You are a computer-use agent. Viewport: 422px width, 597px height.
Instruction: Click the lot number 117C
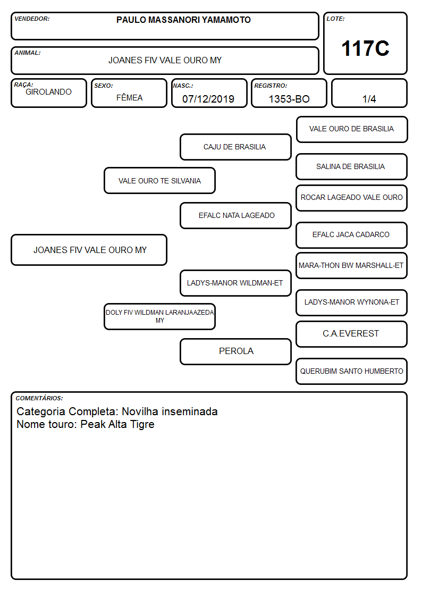click(x=365, y=48)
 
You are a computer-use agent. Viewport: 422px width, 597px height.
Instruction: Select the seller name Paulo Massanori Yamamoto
click(x=183, y=20)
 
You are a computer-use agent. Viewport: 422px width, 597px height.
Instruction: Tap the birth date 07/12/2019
click(x=208, y=99)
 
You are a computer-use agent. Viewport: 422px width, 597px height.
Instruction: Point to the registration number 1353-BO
click(x=289, y=99)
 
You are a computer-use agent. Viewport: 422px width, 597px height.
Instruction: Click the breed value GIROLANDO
click(x=48, y=92)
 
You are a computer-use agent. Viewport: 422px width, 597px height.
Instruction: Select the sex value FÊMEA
click(x=129, y=97)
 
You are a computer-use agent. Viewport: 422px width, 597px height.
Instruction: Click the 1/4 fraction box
click(x=369, y=93)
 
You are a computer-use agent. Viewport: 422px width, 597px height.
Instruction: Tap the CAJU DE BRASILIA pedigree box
click(x=235, y=147)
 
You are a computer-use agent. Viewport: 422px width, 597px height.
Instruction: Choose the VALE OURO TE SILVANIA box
click(x=159, y=180)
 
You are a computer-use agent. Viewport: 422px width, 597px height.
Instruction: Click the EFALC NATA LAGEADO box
click(x=235, y=215)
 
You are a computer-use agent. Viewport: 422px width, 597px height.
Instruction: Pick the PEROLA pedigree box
click(x=235, y=351)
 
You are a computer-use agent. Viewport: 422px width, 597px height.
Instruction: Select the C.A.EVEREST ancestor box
click(x=352, y=334)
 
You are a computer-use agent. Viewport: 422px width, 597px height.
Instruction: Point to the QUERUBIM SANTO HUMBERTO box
click(x=352, y=371)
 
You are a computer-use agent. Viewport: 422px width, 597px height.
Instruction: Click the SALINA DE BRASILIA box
click(x=352, y=166)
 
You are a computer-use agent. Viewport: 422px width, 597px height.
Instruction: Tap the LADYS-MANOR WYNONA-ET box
click(x=352, y=302)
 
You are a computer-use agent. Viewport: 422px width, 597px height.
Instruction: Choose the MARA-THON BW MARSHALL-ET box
click(x=352, y=265)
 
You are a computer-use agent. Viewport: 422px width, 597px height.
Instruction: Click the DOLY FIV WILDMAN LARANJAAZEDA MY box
click(x=159, y=316)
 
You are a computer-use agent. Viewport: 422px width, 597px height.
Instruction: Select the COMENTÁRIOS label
click(x=39, y=398)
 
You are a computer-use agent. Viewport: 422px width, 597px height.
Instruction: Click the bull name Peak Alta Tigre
click(x=117, y=424)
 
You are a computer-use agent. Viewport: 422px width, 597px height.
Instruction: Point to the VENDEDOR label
click(x=32, y=19)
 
